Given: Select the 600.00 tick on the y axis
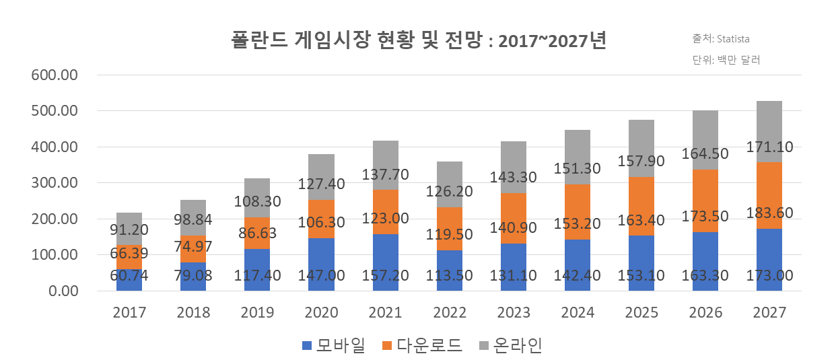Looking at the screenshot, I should pyautogui.click(x=55, y=75).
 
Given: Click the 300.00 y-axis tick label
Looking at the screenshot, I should pyautogui.click(x=55, y=183).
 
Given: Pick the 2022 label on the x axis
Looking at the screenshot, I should pyautogui.click(x=450, y=313).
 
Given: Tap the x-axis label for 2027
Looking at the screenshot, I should pyautogui.click(x=769, y=313).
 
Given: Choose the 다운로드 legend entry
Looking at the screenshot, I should pyautogui.click(x=421, y=346).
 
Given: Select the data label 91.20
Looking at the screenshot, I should pyautogui.click(x=129, y=229).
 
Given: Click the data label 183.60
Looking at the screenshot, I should pyautogui.click(x=769, y=213).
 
